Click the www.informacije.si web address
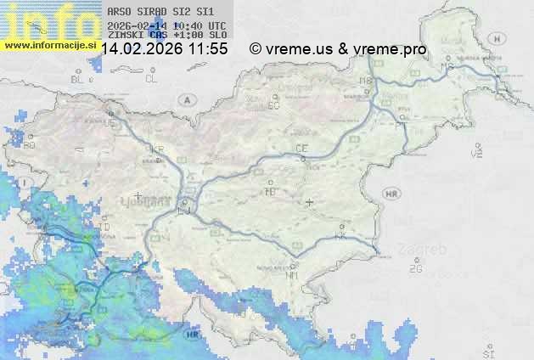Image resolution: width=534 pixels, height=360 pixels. point(48,44)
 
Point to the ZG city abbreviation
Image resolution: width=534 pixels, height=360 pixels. point(415,269)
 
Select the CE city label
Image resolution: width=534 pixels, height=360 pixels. point(301,149)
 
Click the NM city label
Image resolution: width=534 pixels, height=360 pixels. point(293,275)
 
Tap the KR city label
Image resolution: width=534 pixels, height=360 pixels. point(155,149)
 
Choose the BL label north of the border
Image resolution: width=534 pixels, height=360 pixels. point(79,79)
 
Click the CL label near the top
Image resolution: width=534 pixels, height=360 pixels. point(151,79)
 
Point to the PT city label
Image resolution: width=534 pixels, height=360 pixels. point(399,125)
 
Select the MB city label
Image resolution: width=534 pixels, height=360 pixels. point(366,82)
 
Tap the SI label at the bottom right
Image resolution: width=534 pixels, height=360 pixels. point(487,351)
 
